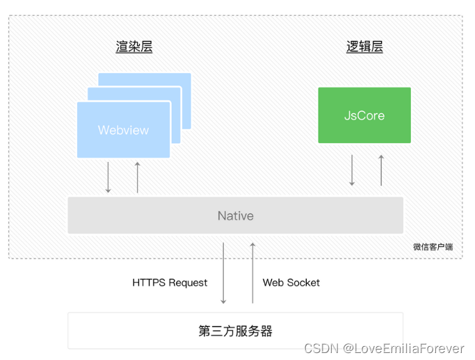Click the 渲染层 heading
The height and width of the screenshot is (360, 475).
point(134,47)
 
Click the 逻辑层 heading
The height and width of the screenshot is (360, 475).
point(364,47)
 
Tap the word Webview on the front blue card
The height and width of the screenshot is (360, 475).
point(123,130)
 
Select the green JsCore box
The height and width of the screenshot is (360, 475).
point(364,115)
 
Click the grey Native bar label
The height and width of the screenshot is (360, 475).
point(235,215)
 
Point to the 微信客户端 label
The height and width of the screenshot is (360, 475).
point(436,247)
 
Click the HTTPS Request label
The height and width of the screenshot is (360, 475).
point(170,283)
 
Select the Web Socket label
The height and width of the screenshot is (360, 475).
point(291,283)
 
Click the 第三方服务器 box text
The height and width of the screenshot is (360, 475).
point(235,331)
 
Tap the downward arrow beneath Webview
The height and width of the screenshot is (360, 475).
point(108,177)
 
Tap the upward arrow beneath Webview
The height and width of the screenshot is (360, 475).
point(137,177)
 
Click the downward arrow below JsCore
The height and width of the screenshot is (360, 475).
point(352,170)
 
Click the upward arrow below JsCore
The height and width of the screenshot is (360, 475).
point(381,170)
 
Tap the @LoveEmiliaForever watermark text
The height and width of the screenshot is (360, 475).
point(403,348)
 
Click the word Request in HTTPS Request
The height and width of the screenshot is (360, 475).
point(188,283)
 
